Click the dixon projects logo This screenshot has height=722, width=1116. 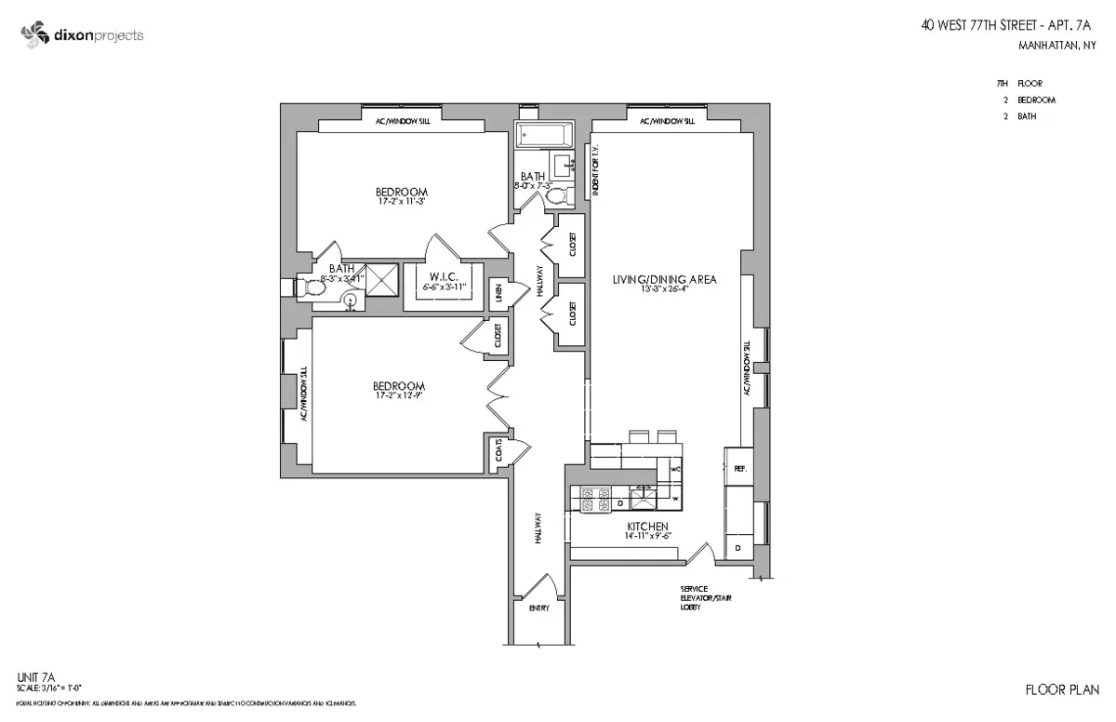(82, 35)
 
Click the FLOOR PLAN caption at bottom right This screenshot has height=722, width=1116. (1061, 689)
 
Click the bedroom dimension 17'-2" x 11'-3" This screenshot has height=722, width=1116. (401, 201)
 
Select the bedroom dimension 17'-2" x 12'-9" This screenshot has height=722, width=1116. (399, 396)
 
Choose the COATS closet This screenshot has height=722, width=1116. (499, 453)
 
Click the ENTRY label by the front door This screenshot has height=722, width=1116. (538, 608)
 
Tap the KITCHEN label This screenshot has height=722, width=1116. (648, 526)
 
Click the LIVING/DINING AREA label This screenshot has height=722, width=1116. (663, 279)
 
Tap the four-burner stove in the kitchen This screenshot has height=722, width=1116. (593, 500)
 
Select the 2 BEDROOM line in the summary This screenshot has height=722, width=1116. (1036, 100)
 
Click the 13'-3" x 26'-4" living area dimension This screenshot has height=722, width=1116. (663, 289)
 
